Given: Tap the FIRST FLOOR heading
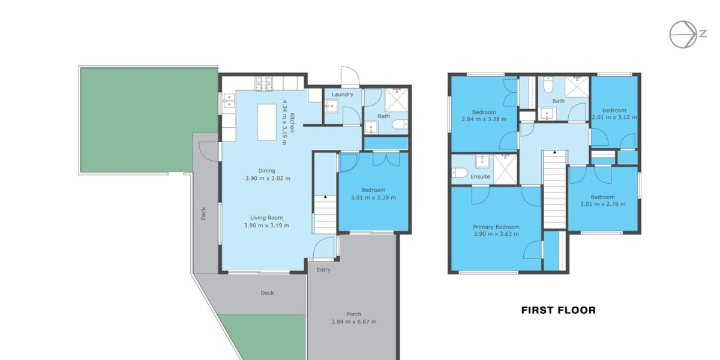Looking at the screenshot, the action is tap(559, 310).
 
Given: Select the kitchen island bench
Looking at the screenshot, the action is tap(267, 122).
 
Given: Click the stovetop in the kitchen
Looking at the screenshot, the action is tap(264, 83).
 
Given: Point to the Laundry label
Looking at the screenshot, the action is tap(343, 94).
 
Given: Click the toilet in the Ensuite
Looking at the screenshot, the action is tap(459, 173).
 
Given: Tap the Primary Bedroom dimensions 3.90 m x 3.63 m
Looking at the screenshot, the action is tap(496, 234).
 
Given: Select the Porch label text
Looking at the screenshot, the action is tap(353, 314).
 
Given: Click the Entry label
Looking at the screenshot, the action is tap(323, 269).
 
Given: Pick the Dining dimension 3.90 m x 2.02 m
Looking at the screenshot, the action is tap(268, 178).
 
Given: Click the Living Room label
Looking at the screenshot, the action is tap(266, 218).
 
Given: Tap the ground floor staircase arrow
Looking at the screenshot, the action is tap(325, 196).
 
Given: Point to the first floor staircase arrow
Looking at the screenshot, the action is tap(554, 152).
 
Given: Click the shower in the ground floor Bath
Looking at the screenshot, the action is tap(397, 100).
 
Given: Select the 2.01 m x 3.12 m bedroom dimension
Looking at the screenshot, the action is tap(614, 118).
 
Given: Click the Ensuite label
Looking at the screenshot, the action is tap(480, 176).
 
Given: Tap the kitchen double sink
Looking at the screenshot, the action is tap(229, 101).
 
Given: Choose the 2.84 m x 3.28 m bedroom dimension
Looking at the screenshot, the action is tap(484, 119).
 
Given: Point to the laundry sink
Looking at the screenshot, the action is tap(331, 106).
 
